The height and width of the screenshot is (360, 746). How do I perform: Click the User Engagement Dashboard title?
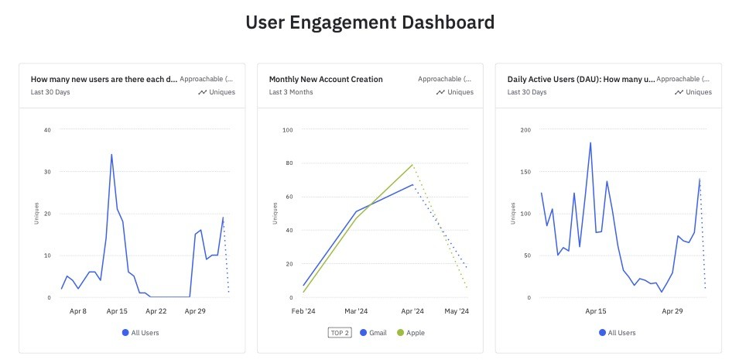(370, 22)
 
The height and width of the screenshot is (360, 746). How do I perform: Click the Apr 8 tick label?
(78, 311)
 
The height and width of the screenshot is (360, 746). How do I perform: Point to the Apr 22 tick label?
(156, 311)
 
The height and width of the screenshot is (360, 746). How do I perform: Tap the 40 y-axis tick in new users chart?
(47, 129)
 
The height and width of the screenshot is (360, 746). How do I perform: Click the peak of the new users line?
(111, 154)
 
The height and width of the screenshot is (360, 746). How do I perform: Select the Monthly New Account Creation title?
(326, 79)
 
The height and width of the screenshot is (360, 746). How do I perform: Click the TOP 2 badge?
(340, 333)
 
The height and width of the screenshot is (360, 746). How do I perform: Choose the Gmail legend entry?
(374, 333)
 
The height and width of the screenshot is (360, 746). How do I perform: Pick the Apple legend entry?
(411, 333)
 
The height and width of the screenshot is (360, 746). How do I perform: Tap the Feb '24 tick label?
(303, 311)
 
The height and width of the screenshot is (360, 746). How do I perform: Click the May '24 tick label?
(457, 311)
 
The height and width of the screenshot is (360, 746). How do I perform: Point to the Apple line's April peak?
(412, 165)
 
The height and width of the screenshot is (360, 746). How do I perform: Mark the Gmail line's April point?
(412, 185)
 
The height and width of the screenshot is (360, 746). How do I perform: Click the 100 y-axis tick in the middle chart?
(287, 129)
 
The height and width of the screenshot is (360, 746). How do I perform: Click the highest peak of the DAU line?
(590, 142)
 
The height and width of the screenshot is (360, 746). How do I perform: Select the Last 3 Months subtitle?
(291, 92)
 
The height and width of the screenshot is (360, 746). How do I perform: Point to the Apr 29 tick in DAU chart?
(672, 311)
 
